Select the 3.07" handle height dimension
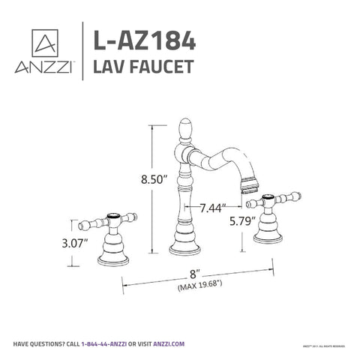point(74,244)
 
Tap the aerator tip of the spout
point(250,184)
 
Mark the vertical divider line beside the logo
point(80,49)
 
